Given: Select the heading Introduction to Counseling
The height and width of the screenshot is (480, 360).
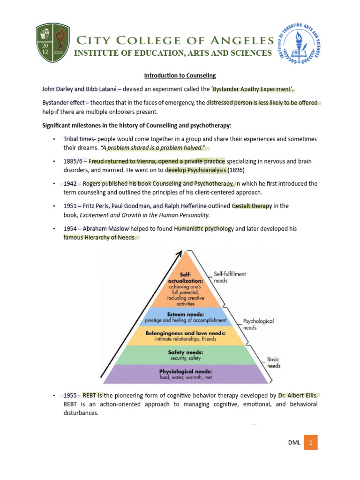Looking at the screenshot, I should click(180, 75).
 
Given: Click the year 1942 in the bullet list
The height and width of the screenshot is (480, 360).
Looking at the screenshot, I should click(71, 183).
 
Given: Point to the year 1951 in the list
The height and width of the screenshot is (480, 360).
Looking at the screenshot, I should click(71, 206).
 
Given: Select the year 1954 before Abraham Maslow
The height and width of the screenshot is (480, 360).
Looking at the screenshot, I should click(71, 228).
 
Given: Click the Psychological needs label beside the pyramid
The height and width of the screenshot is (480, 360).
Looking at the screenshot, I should click(258, 324).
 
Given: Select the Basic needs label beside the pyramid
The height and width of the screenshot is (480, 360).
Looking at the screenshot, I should click(273, 362).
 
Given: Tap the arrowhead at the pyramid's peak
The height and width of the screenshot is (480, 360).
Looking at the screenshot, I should click(179, 254).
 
